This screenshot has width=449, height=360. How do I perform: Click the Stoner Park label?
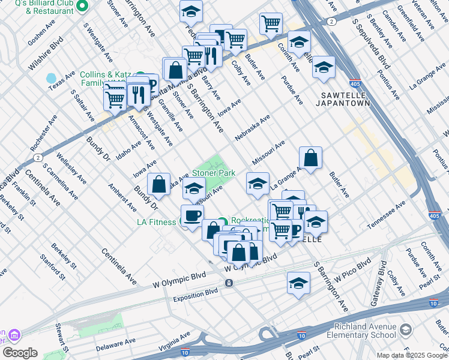214,172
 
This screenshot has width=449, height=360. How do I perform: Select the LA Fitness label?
157,222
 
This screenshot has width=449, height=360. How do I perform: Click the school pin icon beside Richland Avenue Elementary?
406,330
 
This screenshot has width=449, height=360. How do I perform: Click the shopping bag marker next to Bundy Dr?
158,185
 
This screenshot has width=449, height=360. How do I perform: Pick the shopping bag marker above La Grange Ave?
310,158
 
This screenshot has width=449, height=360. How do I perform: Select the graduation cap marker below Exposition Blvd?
298,284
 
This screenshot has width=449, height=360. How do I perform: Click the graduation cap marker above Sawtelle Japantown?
324,67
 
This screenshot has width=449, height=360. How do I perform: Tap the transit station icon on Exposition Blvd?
229,283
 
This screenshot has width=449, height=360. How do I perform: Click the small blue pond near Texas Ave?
51,79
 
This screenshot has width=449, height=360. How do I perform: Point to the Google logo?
20,353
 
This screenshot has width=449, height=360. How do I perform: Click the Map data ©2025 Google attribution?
412,355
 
